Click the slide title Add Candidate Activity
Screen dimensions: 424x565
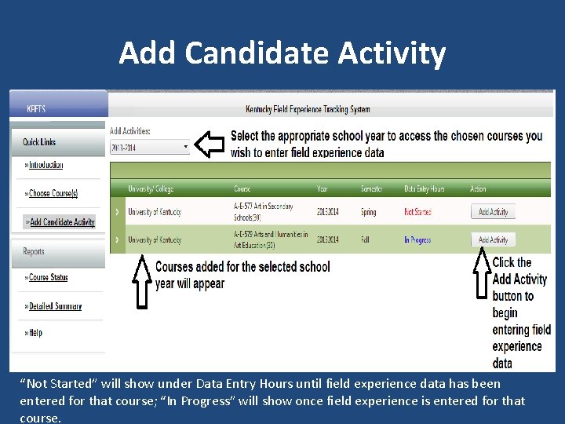click(282, 53)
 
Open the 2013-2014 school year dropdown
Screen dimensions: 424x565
click(149, 147)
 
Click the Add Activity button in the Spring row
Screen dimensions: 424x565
click(494, 212)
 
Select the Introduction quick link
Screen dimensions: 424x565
click(46, 166)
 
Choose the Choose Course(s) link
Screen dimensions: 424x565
click(53, 193)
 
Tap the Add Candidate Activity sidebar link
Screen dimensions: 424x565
click(60, 222)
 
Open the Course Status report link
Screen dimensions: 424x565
click(48, 278)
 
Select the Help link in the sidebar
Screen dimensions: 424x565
click(35, 333)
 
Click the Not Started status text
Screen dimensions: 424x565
click(417, 212)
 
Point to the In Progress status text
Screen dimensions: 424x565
click(417, 240)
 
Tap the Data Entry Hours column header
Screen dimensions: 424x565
click(424, 189)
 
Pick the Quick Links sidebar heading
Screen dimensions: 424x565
click(39, 142)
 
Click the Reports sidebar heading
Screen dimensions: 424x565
click(34, 252)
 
